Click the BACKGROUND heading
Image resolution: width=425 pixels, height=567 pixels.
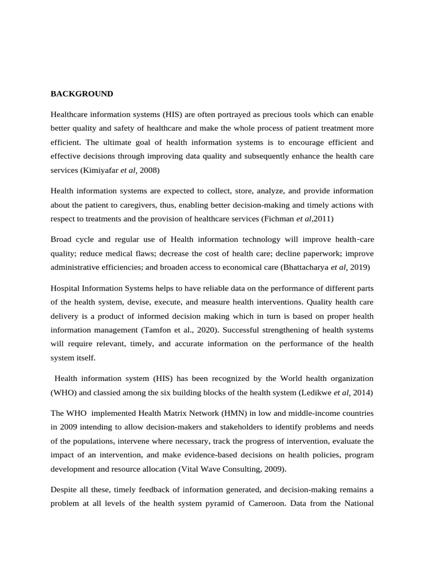pyautogui.click(x=82, y=94)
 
